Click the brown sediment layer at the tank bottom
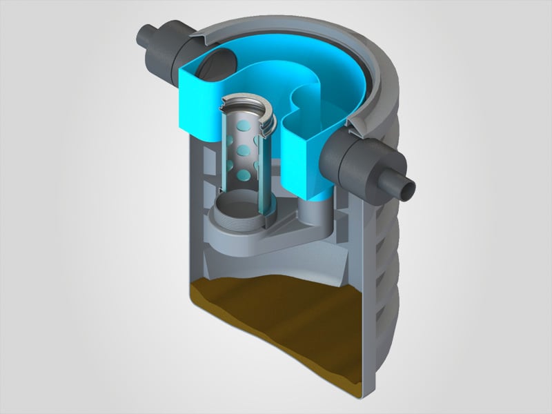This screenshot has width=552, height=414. click(x=276, y=324)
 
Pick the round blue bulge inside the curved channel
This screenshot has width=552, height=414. click(x=304, y=103)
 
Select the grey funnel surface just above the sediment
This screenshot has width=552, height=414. click(x=276, y=259)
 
